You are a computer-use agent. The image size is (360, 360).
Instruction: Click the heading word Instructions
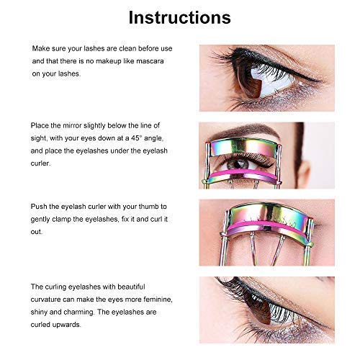coord(180,17)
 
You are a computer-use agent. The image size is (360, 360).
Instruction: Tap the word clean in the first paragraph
coord(115,49)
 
